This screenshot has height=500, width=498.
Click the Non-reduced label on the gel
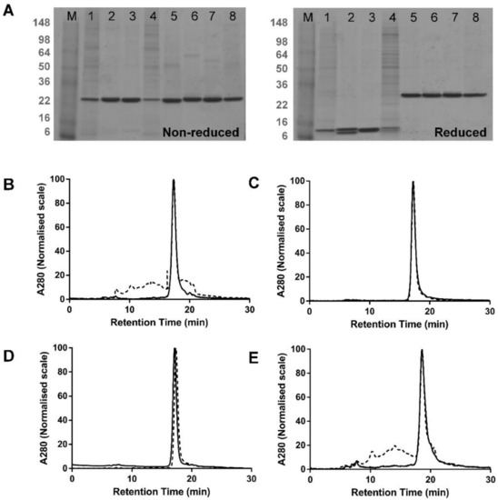[x=200, y=133]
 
